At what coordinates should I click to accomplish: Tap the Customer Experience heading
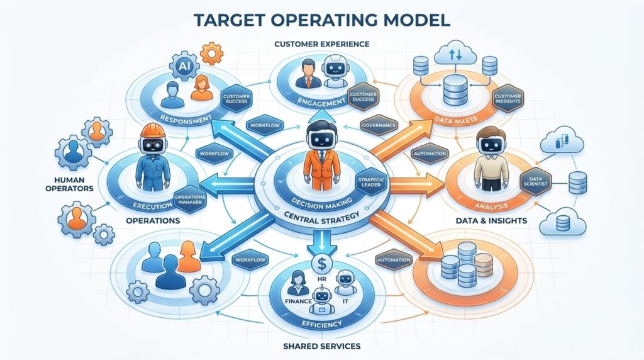tap(321, 44)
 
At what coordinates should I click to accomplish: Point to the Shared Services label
tap(321, 346)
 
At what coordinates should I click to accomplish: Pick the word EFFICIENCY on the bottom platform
tap(321, 323)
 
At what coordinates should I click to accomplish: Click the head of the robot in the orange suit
tap(321, 135)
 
